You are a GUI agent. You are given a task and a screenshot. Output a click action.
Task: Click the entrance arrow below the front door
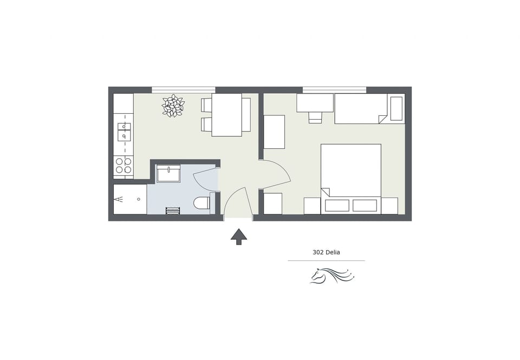point(238,236)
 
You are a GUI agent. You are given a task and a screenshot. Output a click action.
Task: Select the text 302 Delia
point(326,252)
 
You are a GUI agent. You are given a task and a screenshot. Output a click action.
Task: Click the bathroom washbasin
point(168,174)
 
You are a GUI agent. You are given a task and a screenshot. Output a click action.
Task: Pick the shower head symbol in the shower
point(119,199)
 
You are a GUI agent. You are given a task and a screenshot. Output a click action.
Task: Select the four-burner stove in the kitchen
point(123,166)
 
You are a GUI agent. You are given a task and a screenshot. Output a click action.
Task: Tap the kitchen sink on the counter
point(124,132)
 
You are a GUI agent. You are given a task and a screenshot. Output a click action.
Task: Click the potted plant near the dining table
point(173,106)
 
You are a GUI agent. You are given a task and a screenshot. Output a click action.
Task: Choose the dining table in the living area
point(226,115)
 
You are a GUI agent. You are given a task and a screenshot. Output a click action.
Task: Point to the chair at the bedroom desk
point(315,117)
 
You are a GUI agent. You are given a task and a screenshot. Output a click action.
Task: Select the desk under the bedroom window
point(315,102)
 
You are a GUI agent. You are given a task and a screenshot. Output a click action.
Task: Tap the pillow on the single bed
point(396,108)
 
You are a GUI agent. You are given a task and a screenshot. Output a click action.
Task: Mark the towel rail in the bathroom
point(173,210)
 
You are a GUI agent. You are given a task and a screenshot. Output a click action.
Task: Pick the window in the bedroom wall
point(334,89)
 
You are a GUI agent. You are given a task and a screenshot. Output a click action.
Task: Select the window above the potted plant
point(183,89)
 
